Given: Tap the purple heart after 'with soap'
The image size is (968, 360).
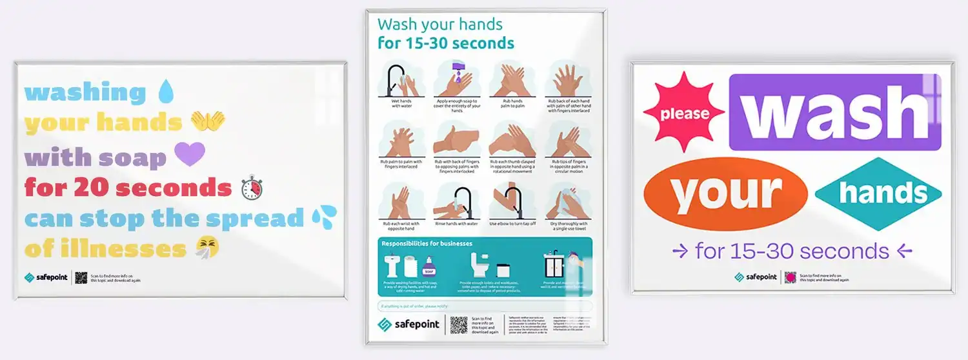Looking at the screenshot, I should [190, 155].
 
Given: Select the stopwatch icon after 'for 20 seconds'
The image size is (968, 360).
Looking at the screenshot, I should [252, 188].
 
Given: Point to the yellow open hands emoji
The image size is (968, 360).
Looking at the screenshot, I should [207, 121].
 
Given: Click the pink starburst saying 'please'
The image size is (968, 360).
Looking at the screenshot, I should [684, 113].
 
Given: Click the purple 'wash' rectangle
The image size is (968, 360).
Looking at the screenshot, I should [835, 112].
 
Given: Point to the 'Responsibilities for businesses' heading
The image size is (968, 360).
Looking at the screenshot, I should [427, 244].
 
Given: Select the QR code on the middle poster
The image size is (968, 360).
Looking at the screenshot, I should [458, 325].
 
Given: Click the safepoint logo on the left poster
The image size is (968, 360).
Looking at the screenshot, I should [46, 277].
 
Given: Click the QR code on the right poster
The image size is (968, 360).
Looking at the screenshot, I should [791, 277].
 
